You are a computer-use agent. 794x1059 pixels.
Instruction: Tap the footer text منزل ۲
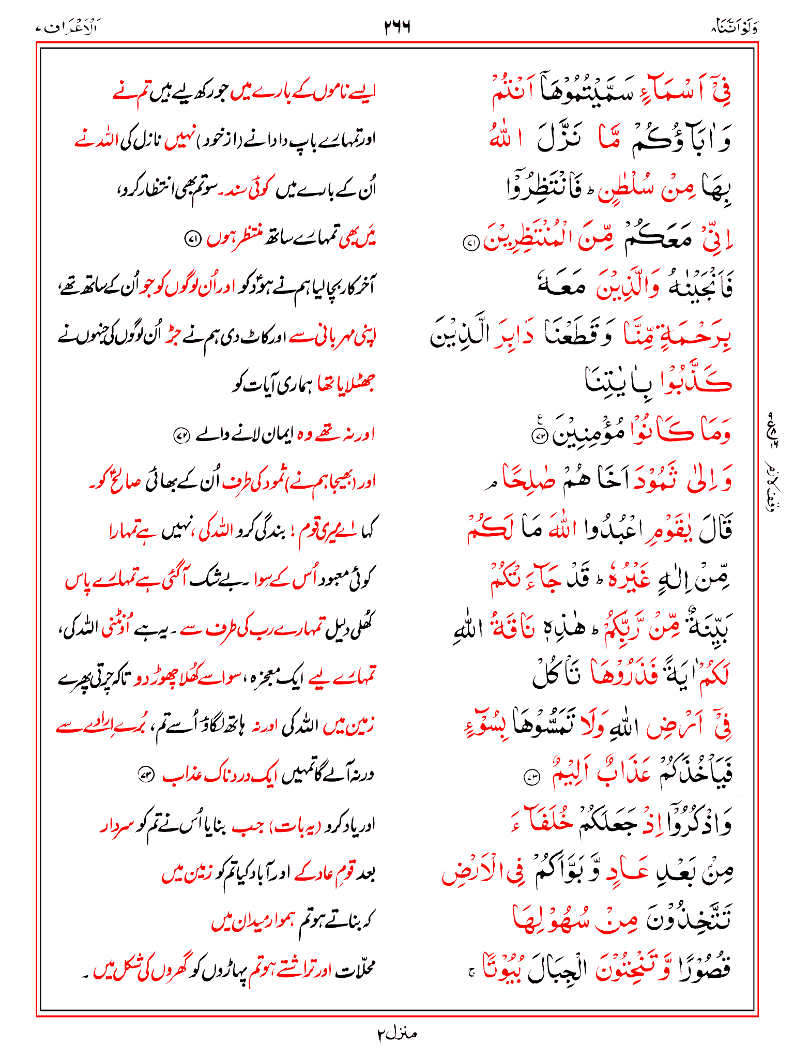point(396,1034)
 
